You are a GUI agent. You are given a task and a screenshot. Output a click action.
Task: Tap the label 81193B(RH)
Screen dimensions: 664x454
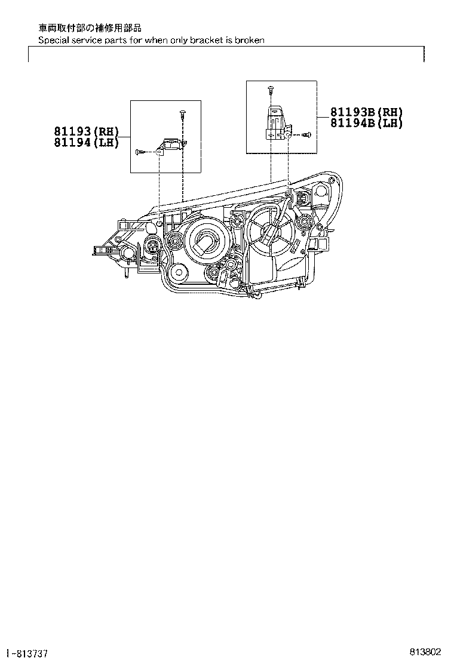(x=366, y=112)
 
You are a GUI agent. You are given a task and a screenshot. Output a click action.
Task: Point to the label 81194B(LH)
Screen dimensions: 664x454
(x=366, y=122)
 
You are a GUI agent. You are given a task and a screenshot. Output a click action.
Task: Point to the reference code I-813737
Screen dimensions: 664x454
(x=27, y=652)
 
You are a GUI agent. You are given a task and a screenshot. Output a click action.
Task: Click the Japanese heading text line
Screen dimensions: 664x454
(x=90, y=27)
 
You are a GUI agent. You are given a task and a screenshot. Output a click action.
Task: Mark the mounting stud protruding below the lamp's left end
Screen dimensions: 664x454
(x=127, y=273)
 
